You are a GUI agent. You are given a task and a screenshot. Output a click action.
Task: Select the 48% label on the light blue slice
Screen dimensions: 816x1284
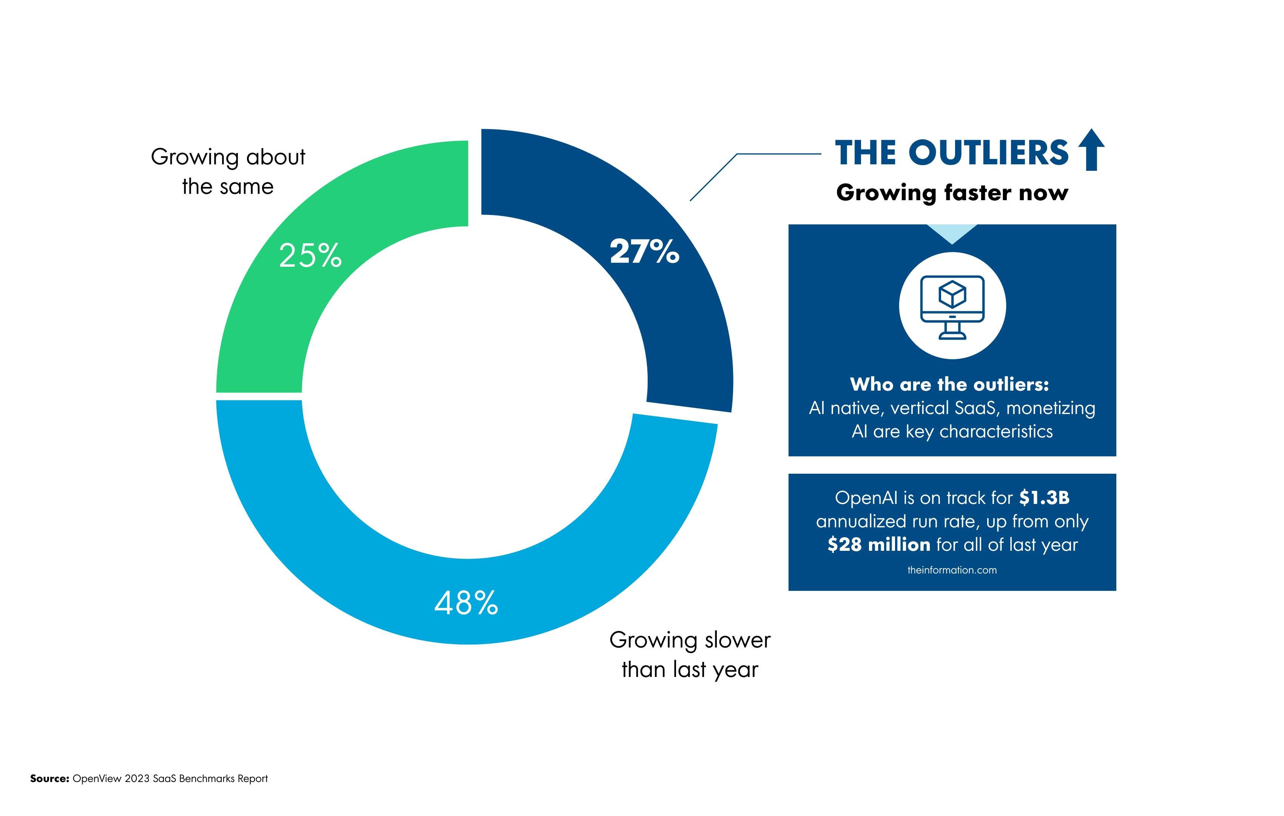[466, 603]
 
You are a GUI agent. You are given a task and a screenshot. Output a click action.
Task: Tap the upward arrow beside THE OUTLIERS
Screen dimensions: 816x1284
[1091, 150]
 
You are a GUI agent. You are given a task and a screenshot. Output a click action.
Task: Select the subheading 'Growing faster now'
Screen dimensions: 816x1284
[952, 193]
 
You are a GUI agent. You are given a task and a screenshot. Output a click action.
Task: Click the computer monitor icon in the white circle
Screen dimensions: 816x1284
[952, 307]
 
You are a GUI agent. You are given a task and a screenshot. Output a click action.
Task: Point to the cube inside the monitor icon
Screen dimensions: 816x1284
[952, 295]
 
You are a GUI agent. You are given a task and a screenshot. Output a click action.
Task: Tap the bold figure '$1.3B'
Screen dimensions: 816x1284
[1044, 498]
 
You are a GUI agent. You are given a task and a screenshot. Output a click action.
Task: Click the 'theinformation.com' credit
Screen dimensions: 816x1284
[952, 570]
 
